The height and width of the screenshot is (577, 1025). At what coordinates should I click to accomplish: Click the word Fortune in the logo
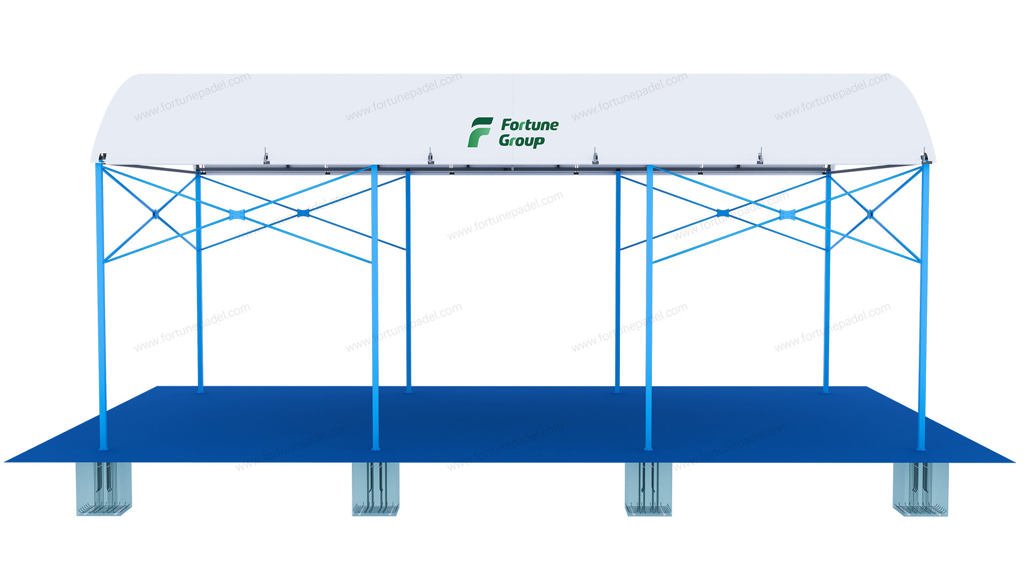click(x=530, y=125)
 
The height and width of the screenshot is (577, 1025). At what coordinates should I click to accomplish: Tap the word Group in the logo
click(x=522, y=141)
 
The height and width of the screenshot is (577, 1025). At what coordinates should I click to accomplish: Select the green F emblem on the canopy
click(x=480, y=132)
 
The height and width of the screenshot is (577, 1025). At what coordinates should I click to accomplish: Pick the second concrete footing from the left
click(x=375, y=489)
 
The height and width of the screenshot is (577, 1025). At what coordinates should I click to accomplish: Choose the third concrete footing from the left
click(x=648, y=489)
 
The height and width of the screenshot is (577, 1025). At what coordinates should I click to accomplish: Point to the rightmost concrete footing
click(x=920, y=489)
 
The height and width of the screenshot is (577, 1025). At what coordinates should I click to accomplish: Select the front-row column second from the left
click(x=375, y=307)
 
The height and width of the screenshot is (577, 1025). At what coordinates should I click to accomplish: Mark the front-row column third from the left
click(x=649, y=307)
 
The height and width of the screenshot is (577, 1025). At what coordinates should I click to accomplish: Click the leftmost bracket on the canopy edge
click(x=266, y=157)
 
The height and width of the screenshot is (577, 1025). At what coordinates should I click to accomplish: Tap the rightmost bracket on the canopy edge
click(x=760, y=157)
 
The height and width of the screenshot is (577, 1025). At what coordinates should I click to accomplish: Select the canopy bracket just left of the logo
click(x=430, y=157)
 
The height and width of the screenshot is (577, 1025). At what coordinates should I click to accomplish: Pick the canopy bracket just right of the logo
click(x=595, y=157)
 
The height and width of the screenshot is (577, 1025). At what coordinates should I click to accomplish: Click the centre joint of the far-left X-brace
click(x=156, y=214)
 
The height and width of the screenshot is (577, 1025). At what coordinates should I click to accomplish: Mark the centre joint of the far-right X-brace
click(x=870, y=214)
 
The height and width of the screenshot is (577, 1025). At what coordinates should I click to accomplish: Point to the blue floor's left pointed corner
click(x=5, y=461)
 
